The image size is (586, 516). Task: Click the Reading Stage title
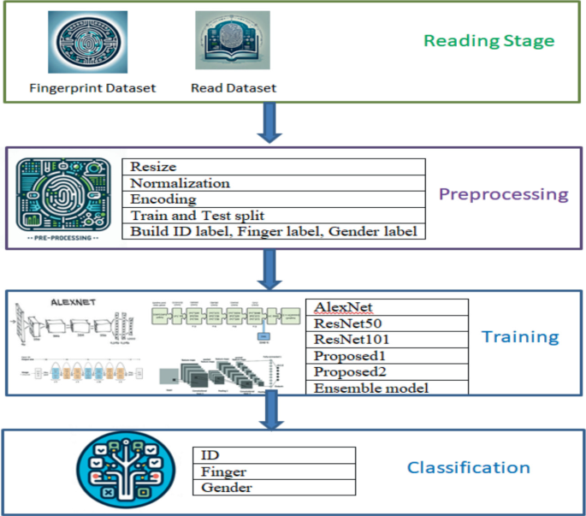coord(488,40)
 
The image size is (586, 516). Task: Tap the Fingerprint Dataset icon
coord(86,41)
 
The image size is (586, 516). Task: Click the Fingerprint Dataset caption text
coord(92,87)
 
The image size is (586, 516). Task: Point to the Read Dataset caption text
coord(234,87)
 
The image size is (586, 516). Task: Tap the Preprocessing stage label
coord(503,194)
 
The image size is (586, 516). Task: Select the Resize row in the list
coord(273,167)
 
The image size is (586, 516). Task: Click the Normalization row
coord(273,183)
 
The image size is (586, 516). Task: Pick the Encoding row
coord(273,199)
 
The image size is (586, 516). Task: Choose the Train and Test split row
coord(273,216)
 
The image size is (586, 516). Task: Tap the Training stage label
coord(519,336)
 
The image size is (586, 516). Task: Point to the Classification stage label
coord(468,467)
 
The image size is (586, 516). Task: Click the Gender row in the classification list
coord(273,488)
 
